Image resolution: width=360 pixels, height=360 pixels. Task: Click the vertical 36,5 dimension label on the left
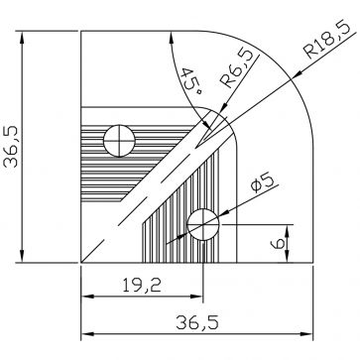[x=13, y=149]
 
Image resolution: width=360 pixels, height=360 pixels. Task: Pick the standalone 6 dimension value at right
[x=281, y=241]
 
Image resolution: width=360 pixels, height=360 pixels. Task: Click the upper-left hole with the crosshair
[x=120, y=142]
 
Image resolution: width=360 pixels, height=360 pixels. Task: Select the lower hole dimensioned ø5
[x=204, y=223]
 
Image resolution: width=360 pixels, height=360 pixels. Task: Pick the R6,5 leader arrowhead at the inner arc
[x=214, y=116]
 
